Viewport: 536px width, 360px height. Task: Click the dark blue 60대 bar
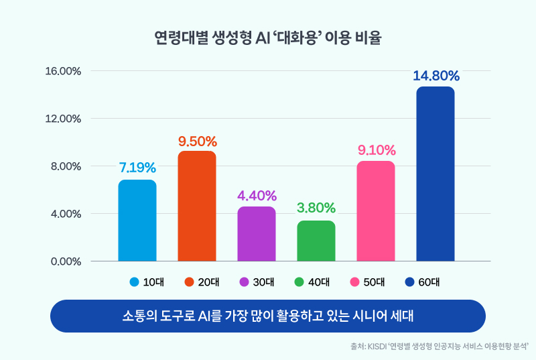click(x=435, y=174)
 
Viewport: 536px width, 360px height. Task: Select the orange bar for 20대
click(x=196, y=206)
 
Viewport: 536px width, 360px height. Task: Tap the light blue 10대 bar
click(x=137, y=221)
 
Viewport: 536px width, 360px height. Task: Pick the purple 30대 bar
click(x=256, y=234)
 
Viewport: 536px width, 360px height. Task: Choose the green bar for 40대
click(x=316, y=241)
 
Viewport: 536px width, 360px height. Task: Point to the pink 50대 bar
click(x=375, y=211)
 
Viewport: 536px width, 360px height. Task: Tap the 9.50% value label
click(x=197, y=141)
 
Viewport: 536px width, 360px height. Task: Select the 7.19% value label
click(x=137, y=167)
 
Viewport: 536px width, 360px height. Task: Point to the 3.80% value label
click(x=316, y=208)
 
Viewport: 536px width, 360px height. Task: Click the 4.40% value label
click(x=257, y=196)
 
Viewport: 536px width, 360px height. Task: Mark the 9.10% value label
click(x=376, y=150)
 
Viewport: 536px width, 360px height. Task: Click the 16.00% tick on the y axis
click(x=63, y=71)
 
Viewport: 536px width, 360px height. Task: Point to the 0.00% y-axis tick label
click(x=65, y=261)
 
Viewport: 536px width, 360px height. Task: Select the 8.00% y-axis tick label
click(x=65, y=166)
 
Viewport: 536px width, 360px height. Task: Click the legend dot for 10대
click(x=134, y=282)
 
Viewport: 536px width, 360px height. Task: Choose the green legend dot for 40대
click(x=299, y=282)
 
